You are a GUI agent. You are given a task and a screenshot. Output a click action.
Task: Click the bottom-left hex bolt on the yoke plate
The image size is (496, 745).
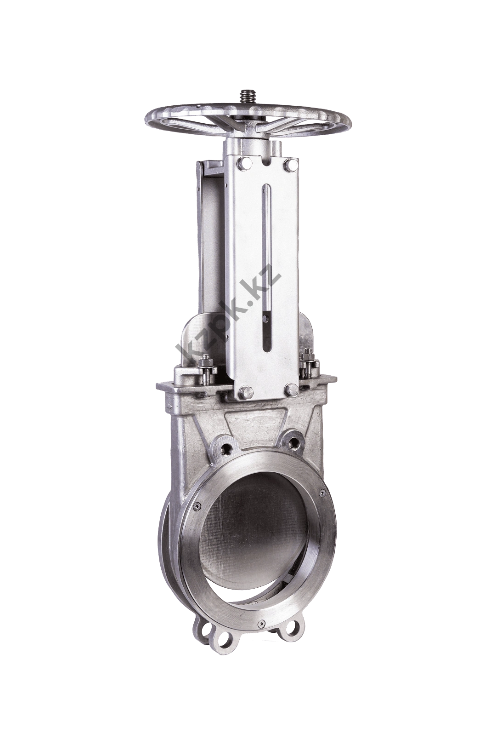click(x=245, y=391)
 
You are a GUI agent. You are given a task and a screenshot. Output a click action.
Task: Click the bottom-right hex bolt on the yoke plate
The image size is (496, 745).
click(x=291, y=390)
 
